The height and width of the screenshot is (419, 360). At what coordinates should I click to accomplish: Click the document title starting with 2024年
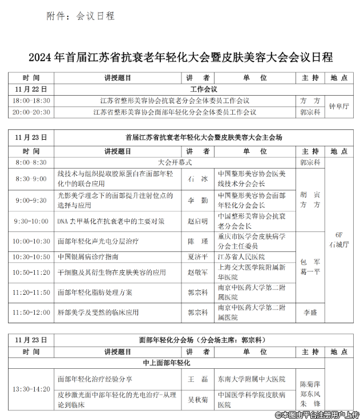tap(180, 58)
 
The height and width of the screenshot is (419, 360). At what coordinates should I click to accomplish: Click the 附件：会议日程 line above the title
tap(80, 16)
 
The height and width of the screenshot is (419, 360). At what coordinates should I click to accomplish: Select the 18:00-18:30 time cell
tap(31, 100)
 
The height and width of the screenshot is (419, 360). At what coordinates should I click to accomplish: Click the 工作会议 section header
tap(203, 90)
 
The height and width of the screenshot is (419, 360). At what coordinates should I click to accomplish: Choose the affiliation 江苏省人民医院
tap(242, 257)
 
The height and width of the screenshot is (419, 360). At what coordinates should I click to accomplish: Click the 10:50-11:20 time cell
tap(31, 272)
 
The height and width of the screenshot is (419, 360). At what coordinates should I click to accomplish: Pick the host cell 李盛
tap(310, 312)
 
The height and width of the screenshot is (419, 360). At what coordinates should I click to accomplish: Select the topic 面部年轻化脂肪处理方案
tap(94, 292)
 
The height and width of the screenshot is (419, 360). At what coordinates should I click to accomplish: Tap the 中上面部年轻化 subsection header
tap(167, 363)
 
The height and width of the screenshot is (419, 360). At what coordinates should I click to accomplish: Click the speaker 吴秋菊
tap(198, 400)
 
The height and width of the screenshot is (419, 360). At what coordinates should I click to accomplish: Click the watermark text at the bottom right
tap(317, 414)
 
